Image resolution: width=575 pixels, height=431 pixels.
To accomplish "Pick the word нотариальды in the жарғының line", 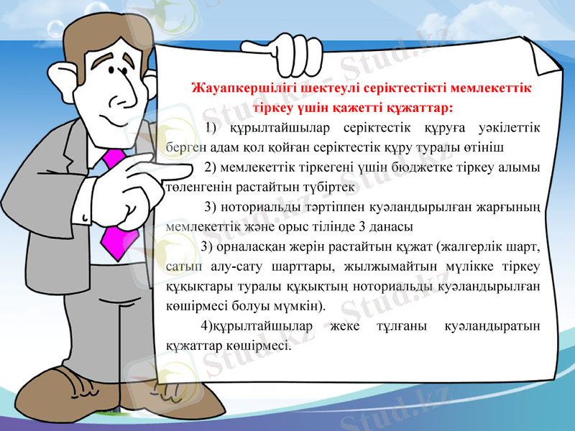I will [264, 208].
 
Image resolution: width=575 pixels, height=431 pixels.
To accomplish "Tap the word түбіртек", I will [328, 187].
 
